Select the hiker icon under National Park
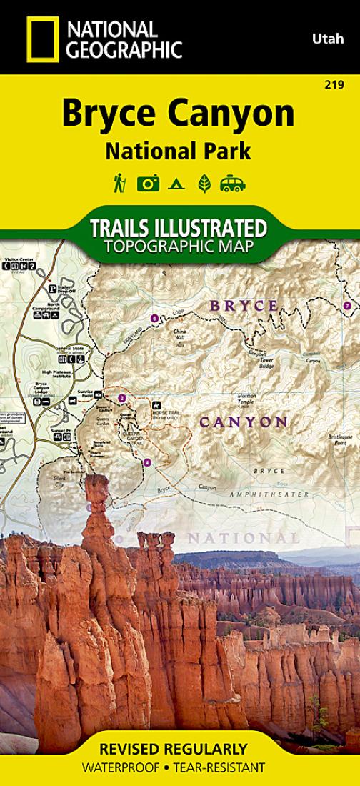click(119, 184)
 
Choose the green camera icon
click(148, 184)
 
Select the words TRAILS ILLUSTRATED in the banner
click(179, 229)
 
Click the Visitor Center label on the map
click(19, 259)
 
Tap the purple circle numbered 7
click(346, 306)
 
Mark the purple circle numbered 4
click(147, 462)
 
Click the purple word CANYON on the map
click(243, 422)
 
